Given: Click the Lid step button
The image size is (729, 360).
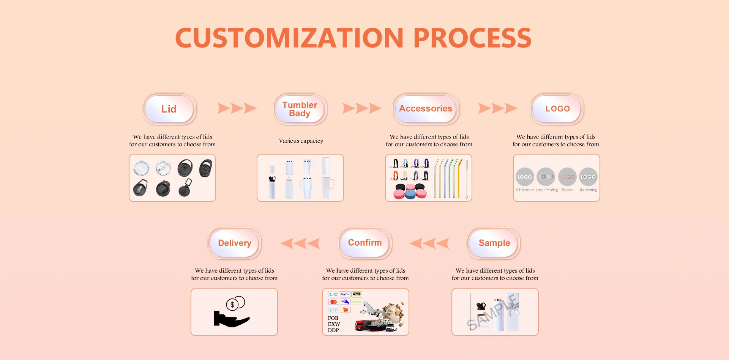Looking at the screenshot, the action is point(169,109).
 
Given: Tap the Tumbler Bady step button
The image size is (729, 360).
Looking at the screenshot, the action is point(300,109).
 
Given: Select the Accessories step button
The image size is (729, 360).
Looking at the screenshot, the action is point(426,109).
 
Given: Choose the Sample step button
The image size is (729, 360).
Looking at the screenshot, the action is point(494,243).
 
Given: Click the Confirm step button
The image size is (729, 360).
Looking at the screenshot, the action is point(365,243).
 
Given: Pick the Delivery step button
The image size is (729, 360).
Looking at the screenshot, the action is point(235,243).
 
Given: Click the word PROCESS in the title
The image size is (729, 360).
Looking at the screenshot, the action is point(472,38).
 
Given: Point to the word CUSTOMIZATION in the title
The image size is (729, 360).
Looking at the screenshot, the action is point(289,38).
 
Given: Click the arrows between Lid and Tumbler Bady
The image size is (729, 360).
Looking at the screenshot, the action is point(237,108).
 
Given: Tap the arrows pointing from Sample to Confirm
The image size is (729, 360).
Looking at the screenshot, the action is point(429,243).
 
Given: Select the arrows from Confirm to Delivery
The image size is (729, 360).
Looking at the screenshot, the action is point(300,243).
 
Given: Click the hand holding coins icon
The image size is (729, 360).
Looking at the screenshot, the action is point(232,312).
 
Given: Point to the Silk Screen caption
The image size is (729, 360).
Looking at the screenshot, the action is point(524,190).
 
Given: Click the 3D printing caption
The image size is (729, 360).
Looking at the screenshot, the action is point(588,190).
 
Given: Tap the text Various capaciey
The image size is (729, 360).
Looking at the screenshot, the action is point(301,141).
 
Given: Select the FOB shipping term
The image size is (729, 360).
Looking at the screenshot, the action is point(333,318).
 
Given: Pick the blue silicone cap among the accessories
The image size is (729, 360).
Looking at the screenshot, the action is point(410,194).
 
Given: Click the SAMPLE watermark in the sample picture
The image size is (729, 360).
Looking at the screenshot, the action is point(492,312).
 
